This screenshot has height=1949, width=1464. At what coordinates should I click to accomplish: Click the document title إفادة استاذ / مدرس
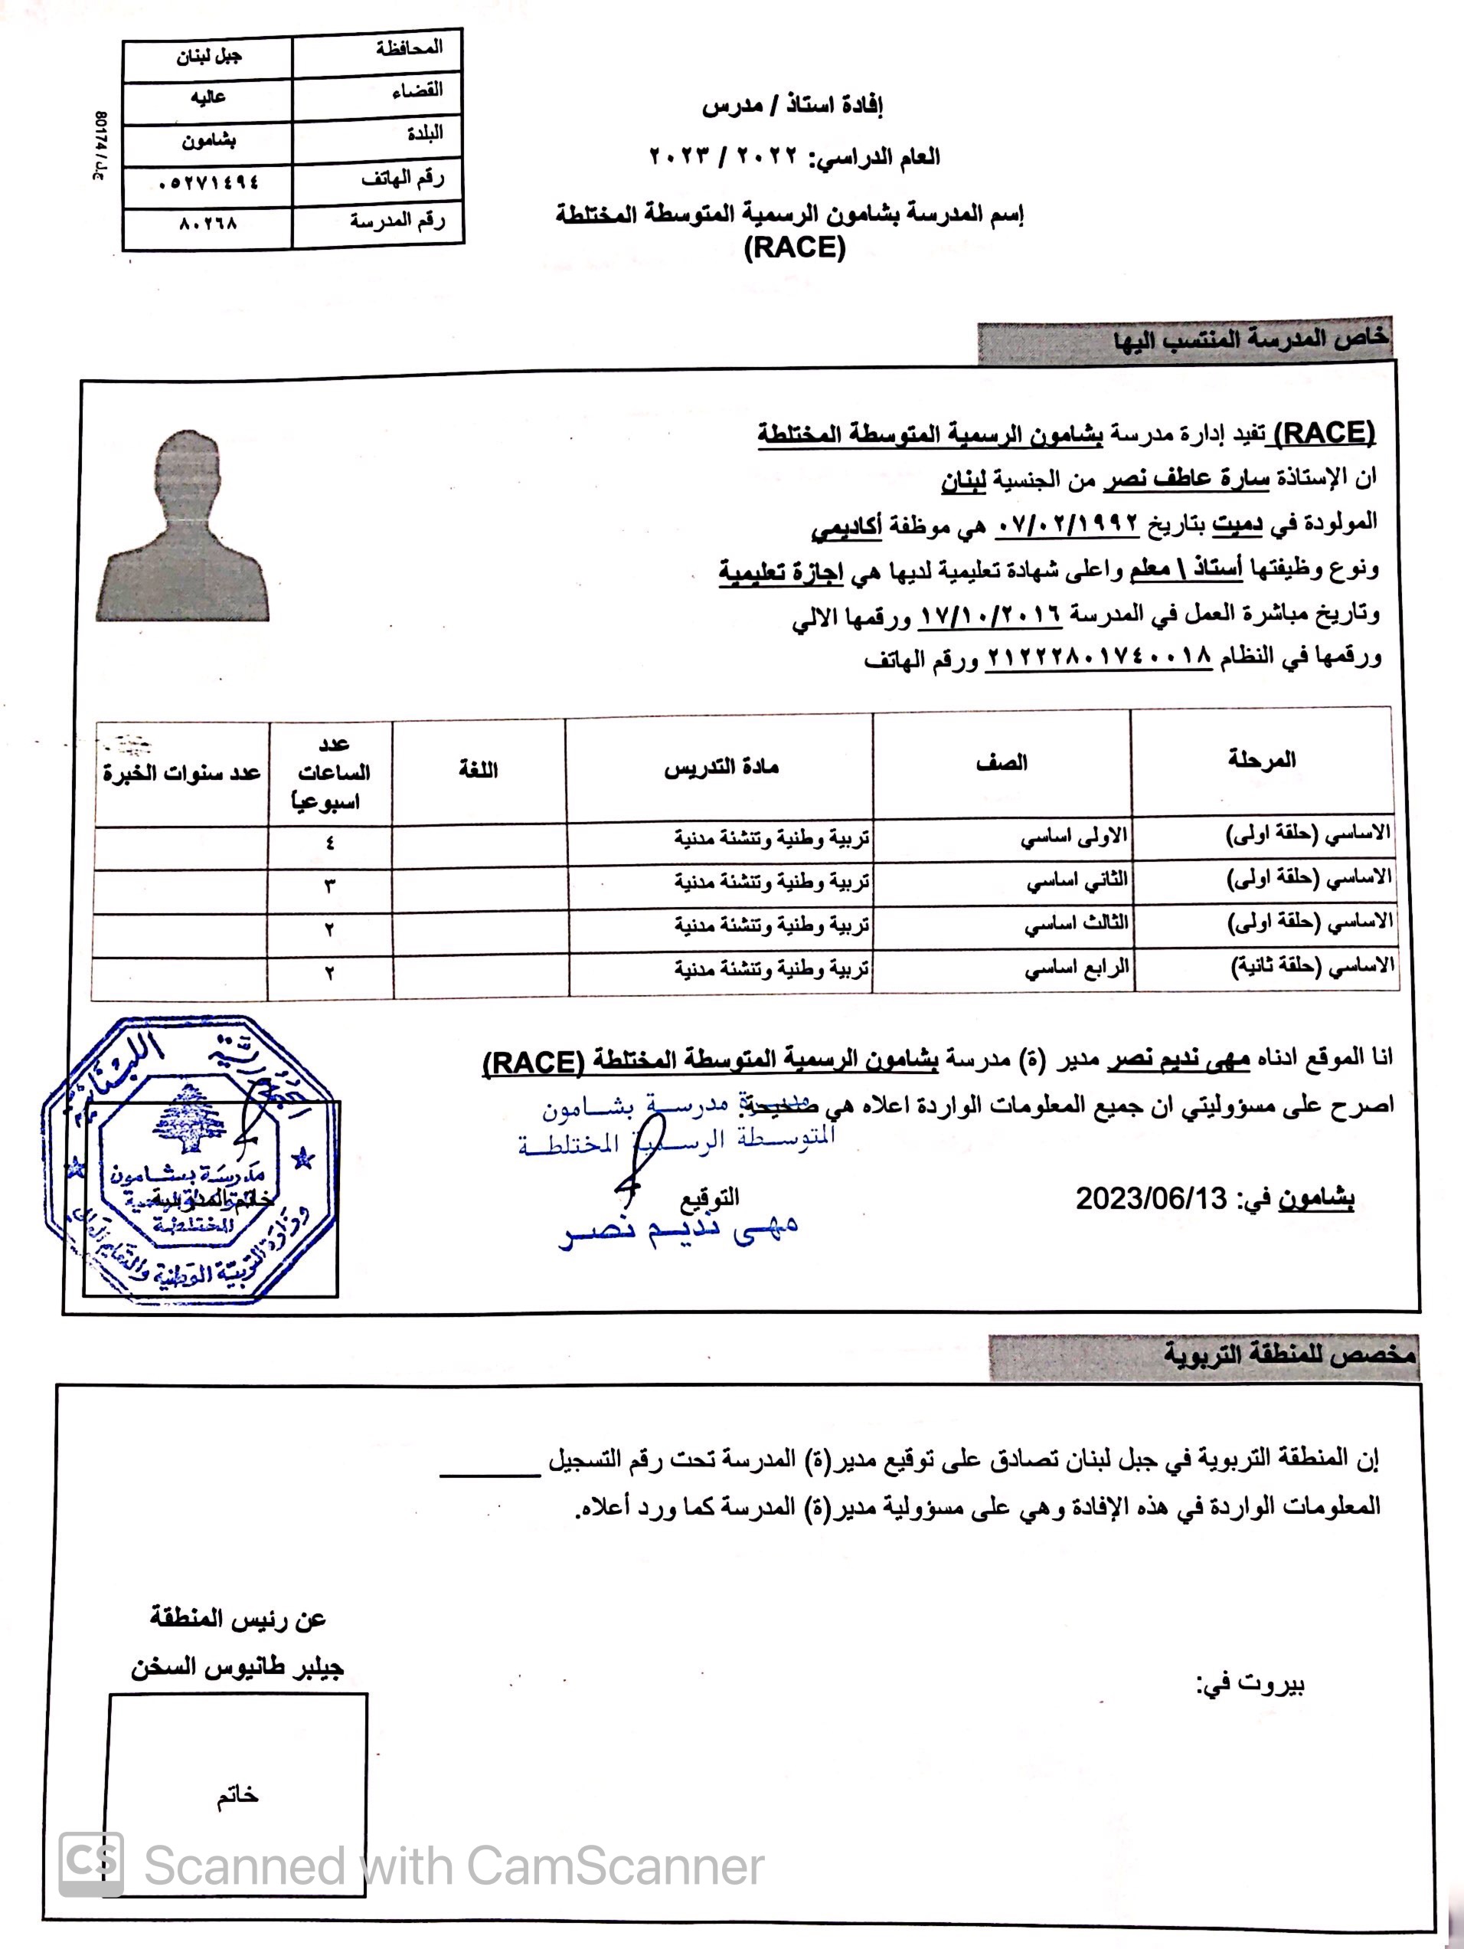pos(792,106)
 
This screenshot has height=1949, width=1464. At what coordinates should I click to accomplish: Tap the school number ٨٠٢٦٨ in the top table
pos(208,224)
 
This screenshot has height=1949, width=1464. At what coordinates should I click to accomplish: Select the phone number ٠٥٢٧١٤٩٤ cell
pos(208,182)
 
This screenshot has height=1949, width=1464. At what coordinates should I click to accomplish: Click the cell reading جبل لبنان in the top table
pos(208,57)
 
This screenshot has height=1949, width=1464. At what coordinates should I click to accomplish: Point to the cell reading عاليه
pos(208,98)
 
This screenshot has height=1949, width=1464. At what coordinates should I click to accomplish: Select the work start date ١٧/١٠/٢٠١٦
pos(991,614)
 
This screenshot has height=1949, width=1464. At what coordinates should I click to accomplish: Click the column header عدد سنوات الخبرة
pos(181,774)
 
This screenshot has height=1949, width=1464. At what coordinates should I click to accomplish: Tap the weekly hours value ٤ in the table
pos(329,843)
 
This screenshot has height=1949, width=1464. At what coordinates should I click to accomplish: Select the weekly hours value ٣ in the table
pos(329,886)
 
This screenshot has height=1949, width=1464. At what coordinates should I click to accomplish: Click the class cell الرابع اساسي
pos(1076,969)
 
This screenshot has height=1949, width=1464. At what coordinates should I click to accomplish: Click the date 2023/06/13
pos(1150,1198)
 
